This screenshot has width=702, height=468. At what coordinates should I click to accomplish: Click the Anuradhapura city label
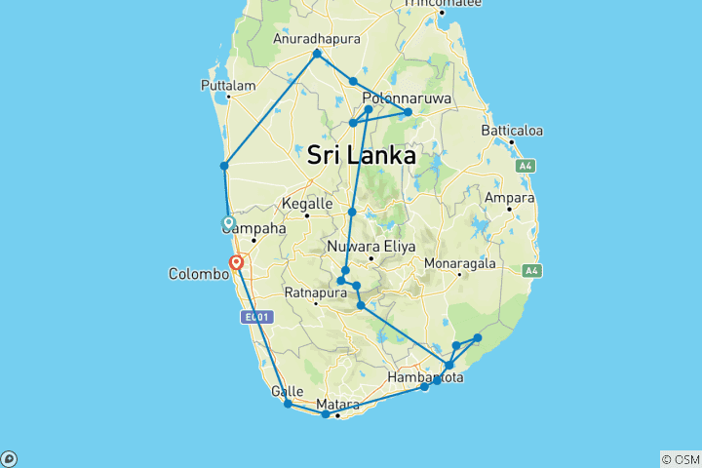tap(317, 39)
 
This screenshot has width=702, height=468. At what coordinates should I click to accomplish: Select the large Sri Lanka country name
tap(361, 154)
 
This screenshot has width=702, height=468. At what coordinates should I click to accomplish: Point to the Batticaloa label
tap(512, 131)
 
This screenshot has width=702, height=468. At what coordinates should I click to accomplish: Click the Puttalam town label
tap(227, 85)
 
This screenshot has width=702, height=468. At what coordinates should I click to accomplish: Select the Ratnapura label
tap(315, 291)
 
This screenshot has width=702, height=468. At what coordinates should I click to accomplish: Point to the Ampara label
tap(510, 197)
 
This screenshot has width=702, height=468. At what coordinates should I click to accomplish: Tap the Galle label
tap(280, 391)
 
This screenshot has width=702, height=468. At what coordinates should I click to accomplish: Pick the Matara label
tap(337, 404)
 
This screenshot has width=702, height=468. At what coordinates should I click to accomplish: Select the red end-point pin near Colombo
tap(236, 261)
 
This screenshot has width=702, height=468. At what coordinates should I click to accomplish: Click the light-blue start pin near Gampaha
tap(229, 222)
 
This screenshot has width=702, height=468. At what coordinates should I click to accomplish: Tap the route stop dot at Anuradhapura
tap(317, 54)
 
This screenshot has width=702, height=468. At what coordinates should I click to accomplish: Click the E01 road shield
tap(255, 317)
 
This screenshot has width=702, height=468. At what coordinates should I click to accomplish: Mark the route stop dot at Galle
tap(288, 403)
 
